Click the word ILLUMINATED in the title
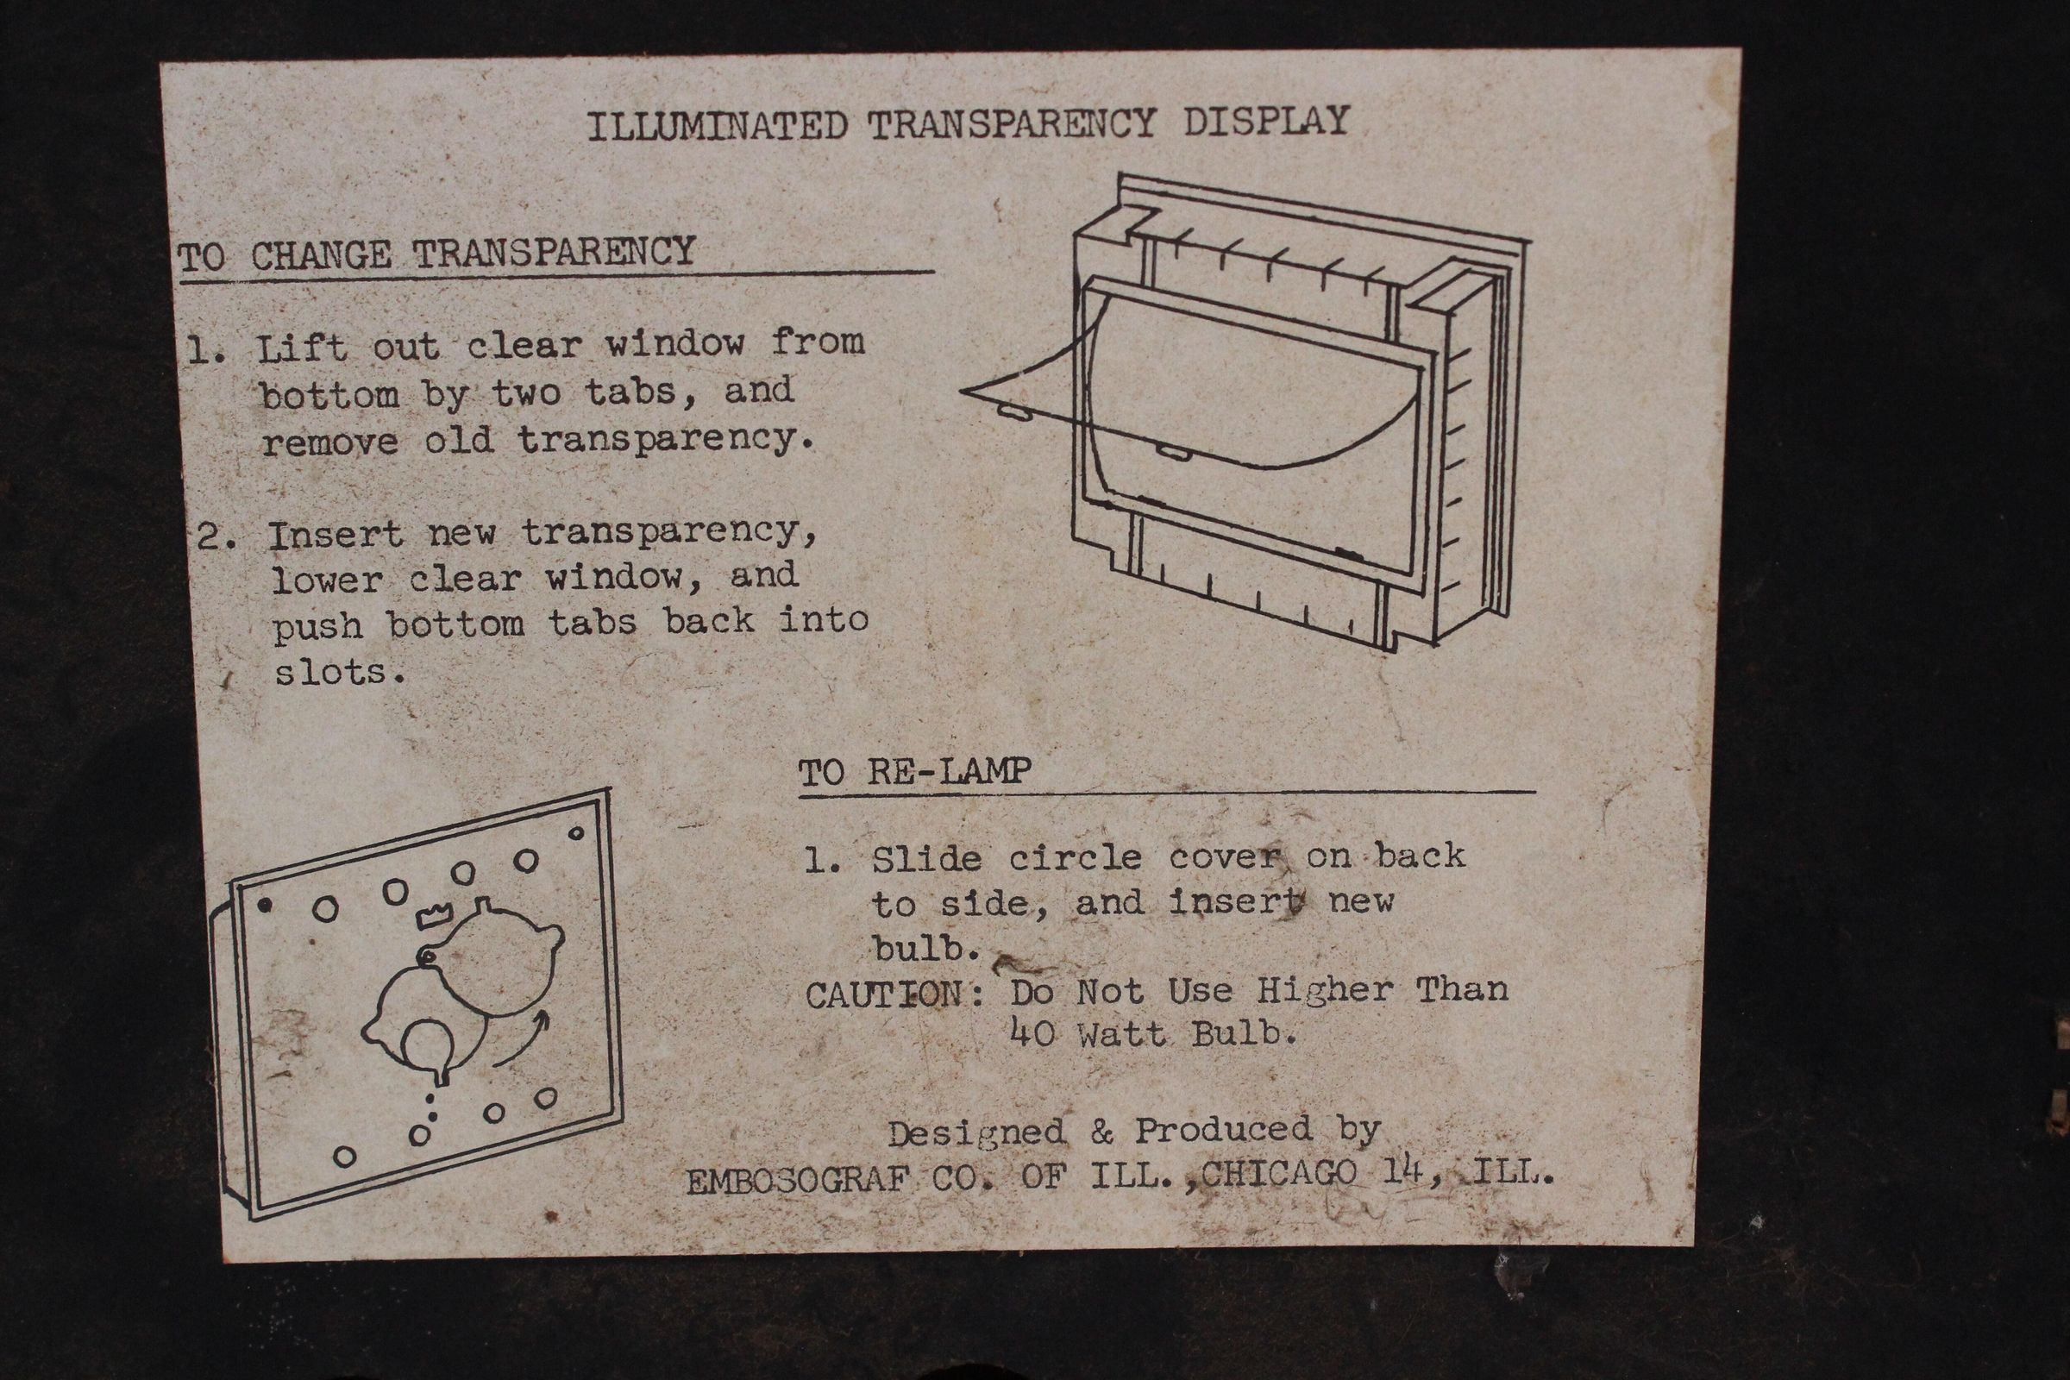[718, 126]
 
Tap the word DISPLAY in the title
[1265, 122]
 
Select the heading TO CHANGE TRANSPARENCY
[436, 254]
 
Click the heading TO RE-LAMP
[914, 772]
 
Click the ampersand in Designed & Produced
[1101, 1132]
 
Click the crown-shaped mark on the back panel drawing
[434, 914]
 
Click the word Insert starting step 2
[336, 535]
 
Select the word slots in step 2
[329, 674]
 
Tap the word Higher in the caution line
[1325, 991]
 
